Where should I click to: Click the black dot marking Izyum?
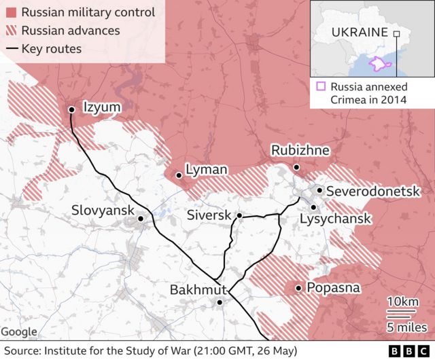(x=71, y=109)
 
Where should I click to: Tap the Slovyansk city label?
(x=103, y=211)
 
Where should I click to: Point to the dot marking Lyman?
(x=178, y=175)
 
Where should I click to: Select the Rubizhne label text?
(x=300, y=150)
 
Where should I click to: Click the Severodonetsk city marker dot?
(x=319, y=191)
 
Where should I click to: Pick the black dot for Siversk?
(x=239, y=215)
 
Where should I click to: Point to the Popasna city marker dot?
(x=298, y=289)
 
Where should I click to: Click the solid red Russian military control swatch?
(x=10, y=13)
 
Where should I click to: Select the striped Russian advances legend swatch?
(x=10, y=31)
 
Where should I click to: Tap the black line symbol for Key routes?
(x=10, y=49)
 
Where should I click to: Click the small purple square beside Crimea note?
(x=320, y=86)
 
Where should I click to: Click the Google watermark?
(x=19, y=332)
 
